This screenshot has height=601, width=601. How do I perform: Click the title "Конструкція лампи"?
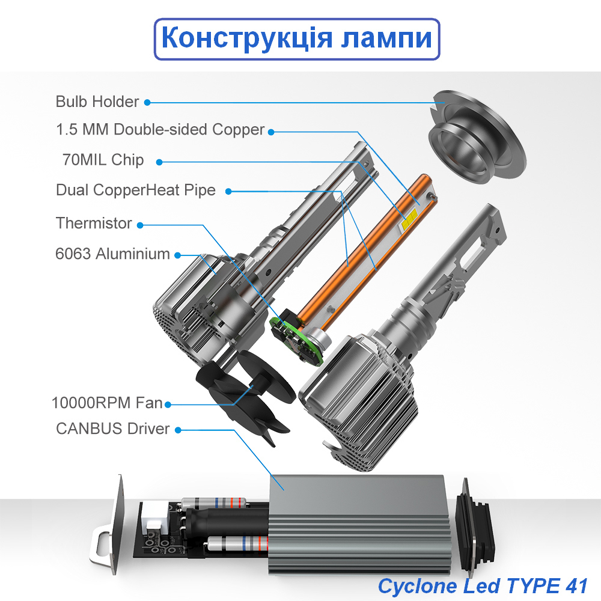[297, 39]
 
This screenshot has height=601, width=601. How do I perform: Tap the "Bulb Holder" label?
[97, 102]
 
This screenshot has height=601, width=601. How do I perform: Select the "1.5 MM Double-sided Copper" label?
[160, 129]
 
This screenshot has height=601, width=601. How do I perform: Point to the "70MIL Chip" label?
[103, 160]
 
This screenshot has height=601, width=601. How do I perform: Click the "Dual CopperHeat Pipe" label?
[135, 191]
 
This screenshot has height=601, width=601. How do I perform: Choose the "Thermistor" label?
[93, 223]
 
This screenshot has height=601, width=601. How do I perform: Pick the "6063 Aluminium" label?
[112, 254]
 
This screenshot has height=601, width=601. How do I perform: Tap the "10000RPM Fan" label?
[107, 403]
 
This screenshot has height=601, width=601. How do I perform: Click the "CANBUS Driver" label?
[112, 429]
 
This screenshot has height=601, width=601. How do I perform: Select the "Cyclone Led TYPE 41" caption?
[483, 585]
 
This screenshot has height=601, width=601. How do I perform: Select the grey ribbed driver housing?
[361, 517]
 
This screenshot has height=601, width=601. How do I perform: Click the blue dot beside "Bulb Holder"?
[147, 102]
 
